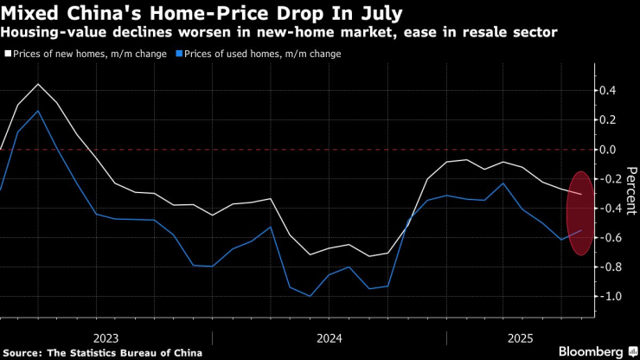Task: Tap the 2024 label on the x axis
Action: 329,337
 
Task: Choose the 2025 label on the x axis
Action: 520,337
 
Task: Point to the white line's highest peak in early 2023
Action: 38,84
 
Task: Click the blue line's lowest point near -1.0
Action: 310,296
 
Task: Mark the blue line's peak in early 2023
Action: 38,111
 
